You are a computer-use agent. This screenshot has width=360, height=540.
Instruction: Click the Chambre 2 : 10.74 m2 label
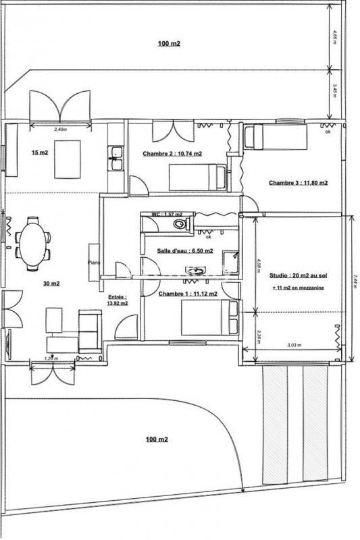[x=172, y=154]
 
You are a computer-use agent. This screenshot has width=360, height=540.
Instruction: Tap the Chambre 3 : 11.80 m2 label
[x=298, y=183]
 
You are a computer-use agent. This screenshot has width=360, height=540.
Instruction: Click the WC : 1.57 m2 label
[x=164, y=214]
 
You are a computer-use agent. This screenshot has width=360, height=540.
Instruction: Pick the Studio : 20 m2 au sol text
[x=298, y=275]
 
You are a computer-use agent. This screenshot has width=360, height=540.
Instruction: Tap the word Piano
[x=93, y=263]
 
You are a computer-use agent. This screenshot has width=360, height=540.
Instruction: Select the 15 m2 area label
[x=39, y=153]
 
